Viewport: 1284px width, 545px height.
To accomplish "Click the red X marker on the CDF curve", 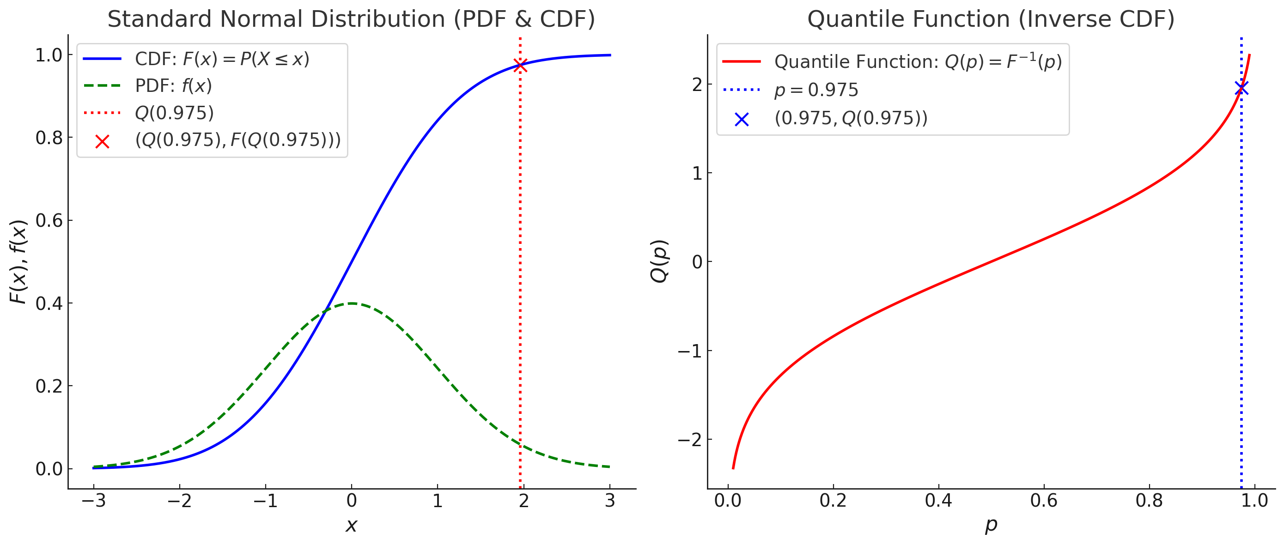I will (x=520, y=65).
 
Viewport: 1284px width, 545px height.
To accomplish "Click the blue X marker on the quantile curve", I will (x=1241, y=88).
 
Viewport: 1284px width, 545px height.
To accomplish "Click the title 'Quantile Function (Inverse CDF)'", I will (x=991, y=19).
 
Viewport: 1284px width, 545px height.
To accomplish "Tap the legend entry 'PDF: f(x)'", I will (x=173, y=86).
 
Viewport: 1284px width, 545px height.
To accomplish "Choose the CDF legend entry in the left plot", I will (x=222, y=59).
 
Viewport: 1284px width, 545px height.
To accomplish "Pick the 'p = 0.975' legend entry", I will (x=815, y=90).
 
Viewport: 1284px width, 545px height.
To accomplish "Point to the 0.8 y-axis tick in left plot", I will (x=49, y=138).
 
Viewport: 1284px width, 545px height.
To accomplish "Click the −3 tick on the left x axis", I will (x=94, y=500).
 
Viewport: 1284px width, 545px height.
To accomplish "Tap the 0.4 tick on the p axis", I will (x=938, y=500).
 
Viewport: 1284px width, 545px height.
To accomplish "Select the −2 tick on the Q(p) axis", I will (x=690, y=439).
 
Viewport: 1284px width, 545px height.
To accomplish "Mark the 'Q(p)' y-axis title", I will (x=659, y=261).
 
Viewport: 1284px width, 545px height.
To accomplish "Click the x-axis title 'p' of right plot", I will (x=991, y=525).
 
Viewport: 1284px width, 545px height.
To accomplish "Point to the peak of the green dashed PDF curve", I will (x=352, y=303).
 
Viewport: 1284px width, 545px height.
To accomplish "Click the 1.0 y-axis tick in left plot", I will (x=49, y=55).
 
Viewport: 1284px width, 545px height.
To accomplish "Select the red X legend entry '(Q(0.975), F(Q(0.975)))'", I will (x=238, y=140).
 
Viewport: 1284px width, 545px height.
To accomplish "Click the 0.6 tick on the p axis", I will (x=1044, y=500).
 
